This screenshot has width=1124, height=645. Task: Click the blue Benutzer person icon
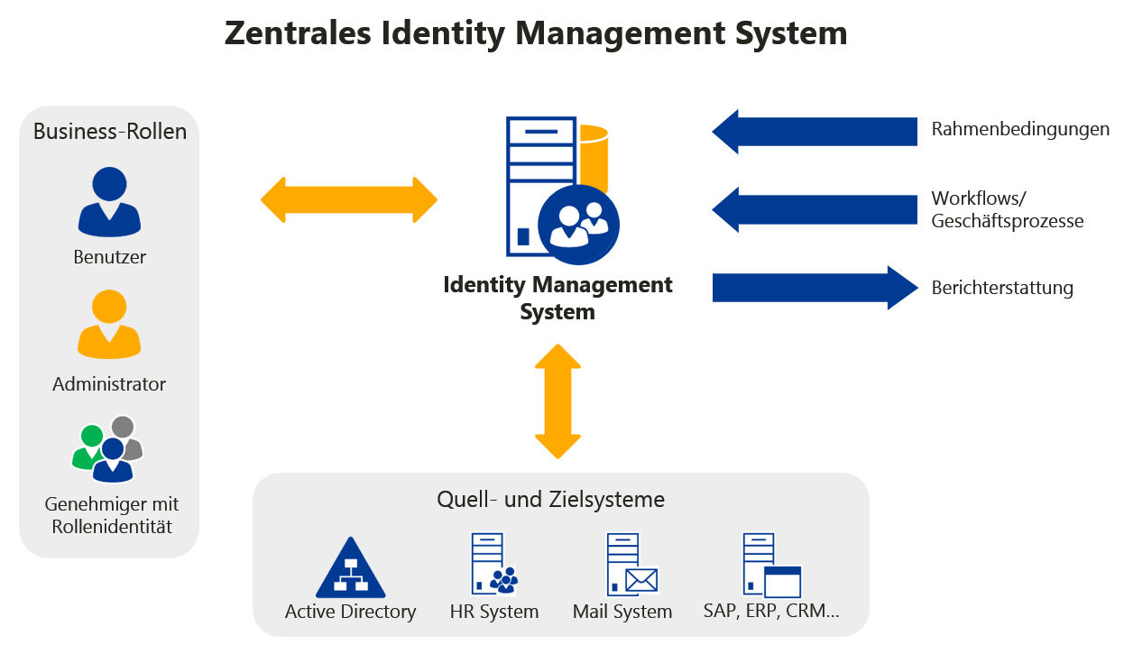point(109,202)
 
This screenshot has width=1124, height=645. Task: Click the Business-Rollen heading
point(110,132)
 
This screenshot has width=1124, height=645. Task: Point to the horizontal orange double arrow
point(349,199)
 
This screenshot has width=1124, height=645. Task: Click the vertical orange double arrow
point(557,401)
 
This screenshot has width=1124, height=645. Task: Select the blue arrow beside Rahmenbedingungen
point(814,132)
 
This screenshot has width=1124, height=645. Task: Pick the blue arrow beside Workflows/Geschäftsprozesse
point(814,209)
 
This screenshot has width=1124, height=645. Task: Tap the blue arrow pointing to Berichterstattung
point(814,288)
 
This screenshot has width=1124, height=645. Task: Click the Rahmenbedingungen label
point(1020,129)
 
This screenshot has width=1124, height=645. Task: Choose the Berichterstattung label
point(1002,289)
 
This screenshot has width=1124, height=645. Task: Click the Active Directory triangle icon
point(350,568)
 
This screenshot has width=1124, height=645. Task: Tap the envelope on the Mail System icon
point(641,580)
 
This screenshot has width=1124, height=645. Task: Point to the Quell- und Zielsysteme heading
point(550,499)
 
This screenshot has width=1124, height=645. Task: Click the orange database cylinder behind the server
point(593,158)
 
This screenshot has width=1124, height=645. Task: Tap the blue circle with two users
point(578,222)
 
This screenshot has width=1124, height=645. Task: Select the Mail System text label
point(622,612)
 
